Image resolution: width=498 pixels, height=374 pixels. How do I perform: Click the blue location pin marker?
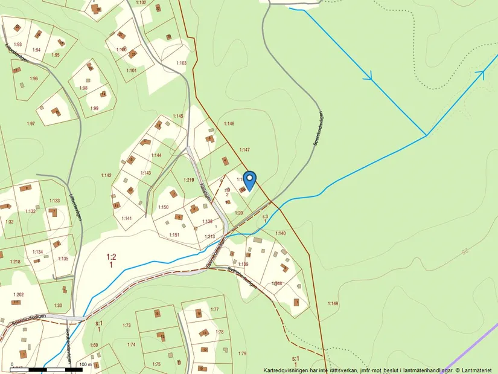click(x=249, y=179)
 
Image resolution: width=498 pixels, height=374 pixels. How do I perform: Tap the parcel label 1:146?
click(x=229, y=124)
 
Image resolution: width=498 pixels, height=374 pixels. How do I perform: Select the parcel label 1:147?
click(x=244, y=149)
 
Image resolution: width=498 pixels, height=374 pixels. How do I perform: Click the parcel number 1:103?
click(x=182, y=63)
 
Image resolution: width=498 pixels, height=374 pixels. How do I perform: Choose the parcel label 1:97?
click(x=31, y=123)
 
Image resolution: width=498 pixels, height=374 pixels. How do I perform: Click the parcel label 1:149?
click(x=333, y=303)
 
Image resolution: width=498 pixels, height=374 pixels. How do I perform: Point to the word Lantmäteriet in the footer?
click(x=476, y=370)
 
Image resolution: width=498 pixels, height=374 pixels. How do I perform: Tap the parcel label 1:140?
click(x=281, y=233)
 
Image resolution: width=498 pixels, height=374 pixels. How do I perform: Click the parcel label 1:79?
click(x=242, y=353)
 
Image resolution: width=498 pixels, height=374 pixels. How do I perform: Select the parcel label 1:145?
click(x=177, y=115)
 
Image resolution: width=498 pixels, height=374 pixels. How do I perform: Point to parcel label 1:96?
click(x=33, y=79)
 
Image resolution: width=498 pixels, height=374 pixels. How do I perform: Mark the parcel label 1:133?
click(x=54, y=201)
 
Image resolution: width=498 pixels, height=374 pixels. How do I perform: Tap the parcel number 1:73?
click(x=126, y=326)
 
